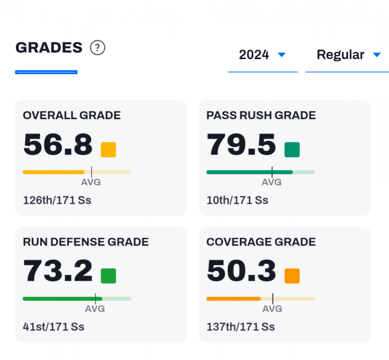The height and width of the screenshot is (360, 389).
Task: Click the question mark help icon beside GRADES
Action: click(97, 48)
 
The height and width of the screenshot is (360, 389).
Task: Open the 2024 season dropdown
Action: click(262, 55)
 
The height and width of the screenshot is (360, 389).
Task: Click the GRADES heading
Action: click(49, 48)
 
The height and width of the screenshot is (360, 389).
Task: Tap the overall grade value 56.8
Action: click(58, 144)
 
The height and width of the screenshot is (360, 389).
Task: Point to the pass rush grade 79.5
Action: click(241, 144)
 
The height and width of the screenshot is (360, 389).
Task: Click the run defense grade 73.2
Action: click(58, 271)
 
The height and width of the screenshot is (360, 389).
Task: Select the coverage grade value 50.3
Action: click(241, 271)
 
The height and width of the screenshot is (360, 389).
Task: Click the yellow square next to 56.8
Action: click(108, 149)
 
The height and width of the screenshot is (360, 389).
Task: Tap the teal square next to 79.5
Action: click(292, 149)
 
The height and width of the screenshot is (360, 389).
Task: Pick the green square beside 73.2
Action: click(108, 276)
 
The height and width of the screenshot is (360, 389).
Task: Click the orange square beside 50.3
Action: click(292, 276)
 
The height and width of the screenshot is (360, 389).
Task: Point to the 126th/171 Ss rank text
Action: click(57, 200)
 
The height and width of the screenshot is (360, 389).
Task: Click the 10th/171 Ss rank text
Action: click(237, 200)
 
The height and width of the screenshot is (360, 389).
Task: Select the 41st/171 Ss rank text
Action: click(54, 327)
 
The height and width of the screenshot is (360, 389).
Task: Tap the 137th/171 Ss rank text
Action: click(241, 327)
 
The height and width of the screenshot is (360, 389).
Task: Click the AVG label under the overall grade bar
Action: click(91, 182)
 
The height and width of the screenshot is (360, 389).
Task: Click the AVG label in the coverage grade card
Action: click(271, 309)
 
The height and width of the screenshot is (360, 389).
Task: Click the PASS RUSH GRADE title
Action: click(261, 115)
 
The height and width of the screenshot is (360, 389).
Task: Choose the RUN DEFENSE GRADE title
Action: click(86, 242)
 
